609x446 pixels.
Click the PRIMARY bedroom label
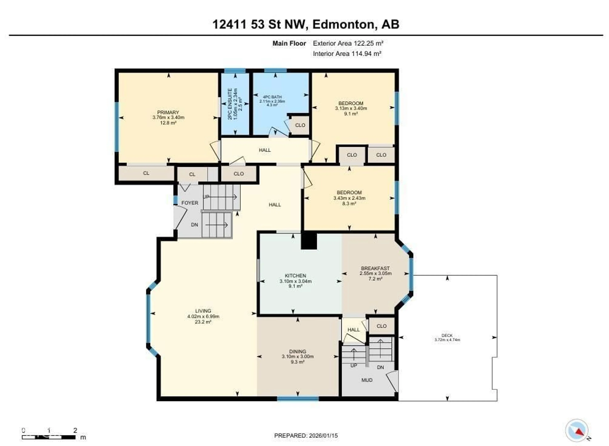point(168,112)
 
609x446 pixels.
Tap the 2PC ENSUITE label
point(230,104)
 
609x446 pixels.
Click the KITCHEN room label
point(295,276)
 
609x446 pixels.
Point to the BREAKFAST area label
point(375,268)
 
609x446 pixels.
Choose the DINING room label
point(298,351)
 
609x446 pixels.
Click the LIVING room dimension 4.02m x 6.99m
point(203,316)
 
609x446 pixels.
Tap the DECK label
point(447,335)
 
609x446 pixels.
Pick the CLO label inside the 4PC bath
point(300,125)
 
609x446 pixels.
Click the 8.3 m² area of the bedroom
point(349,204)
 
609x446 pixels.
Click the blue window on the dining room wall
point(298,399)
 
